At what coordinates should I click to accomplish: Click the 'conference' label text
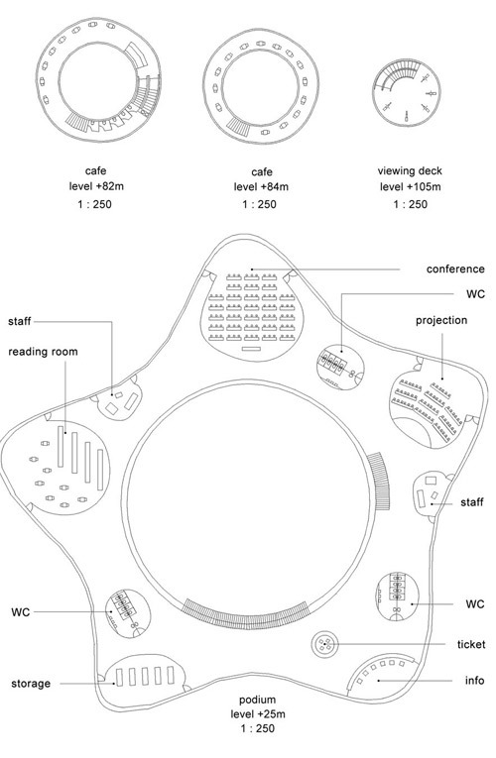pyautogui.click(x=455, y=270)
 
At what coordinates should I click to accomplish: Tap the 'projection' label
pyautogui.click(x=441, y=320)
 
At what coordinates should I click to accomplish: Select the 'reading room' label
pyautogui.click(x=43, y=352)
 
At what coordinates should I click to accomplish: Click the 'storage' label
pyautogui.click(x=31, y=684)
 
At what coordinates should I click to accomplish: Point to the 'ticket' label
pyautogui.click(x=471, y=644)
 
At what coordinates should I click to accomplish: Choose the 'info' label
pyautogui.click(x=475, y=680)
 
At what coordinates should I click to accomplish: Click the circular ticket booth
pyautogui.click(x=324, y=644)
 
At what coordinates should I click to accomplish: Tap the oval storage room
pyautogui.click(x=145, y=677)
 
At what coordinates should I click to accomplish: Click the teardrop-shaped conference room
pyautogui.click(x=252, y=314)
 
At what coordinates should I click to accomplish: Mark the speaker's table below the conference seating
pyautogui.click(x=251, y=349)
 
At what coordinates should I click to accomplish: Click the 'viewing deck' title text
pyautogui.click(x=410, y=170)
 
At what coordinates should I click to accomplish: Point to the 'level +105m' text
pyautogui.click(x=410, y=186)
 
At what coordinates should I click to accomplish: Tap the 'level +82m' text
pyautogui.click(x=96, y=186)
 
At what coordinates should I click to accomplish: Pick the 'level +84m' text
pyautogui.click(x=261, y=186)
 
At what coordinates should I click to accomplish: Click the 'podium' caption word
pyautogui.click(x=258, y=700)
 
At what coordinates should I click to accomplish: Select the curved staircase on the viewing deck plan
pyautogui.click(x=397, y=73)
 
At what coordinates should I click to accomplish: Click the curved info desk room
pyautogui.click(x=382, y=678)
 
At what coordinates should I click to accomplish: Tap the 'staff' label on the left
pyautogui.click(x=20, y=321)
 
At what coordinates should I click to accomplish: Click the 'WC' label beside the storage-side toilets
pyautogui.click(x=20, y=612)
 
